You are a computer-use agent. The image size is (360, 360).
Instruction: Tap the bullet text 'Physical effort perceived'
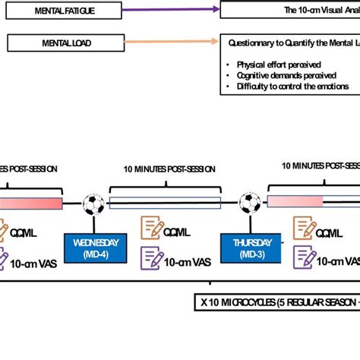[277, 65]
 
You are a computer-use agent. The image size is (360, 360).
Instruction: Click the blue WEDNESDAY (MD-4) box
[95, 247]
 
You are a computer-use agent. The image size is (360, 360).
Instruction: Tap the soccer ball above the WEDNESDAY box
[94, 203]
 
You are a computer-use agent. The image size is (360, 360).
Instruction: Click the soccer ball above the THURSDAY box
[251, 202]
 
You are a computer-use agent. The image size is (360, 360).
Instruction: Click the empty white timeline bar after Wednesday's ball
[165, 203]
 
